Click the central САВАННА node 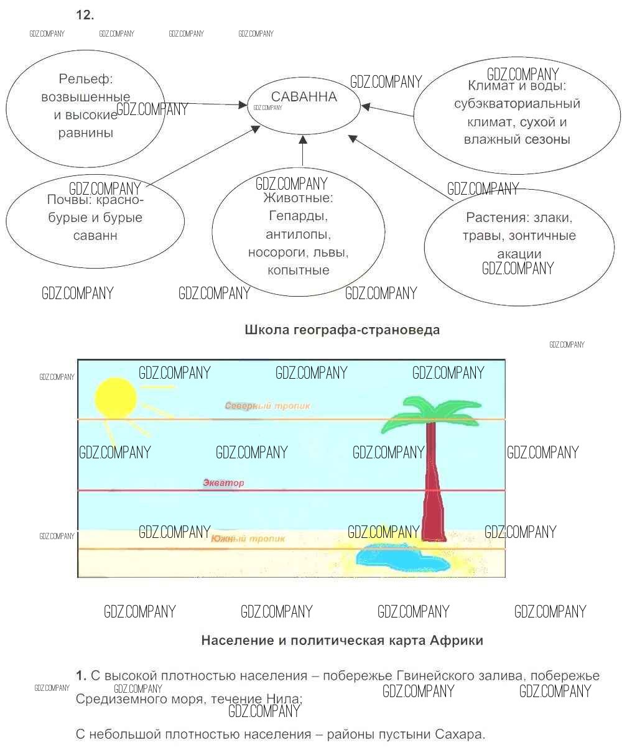tap(304, 98)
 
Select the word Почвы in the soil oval tap(67, 200)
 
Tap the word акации tap(519, 254)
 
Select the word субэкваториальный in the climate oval tap(517, 104)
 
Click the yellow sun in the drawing tap(115, 397)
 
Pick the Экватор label tap(224, 483)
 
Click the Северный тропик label tap(267, 406)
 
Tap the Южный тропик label tap(248, 539)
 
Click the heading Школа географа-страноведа tap(342, 330)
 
